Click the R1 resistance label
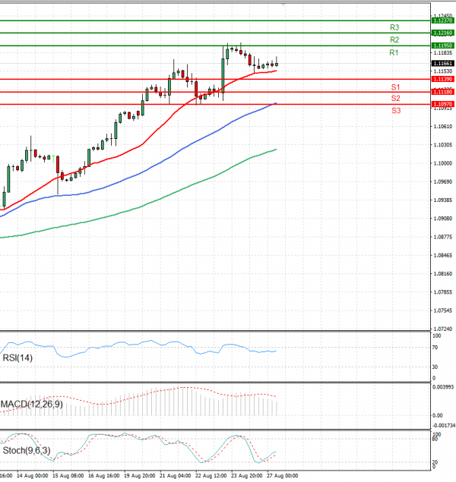(x=394, y=52)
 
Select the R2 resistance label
(x=394, y=39)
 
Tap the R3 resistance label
(x=394, y=27)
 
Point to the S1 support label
(x=396, y=87)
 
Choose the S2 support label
(x=396, y=99)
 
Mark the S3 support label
(x=396, y=111)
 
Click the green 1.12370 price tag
(x=442, y=20)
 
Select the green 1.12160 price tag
(x=442, y=33)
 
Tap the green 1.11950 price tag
(x=442, y=46)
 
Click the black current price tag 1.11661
(x=442, y=63)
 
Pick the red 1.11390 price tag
(x=442, y=79)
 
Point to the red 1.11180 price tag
(x=442, y=92)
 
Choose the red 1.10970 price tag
(x=442, y=103)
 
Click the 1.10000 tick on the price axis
(x=442, y=163)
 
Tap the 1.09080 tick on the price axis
(x=442, y=219)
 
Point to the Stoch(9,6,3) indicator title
(x=27, y=450)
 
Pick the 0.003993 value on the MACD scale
(x=443, y=387)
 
